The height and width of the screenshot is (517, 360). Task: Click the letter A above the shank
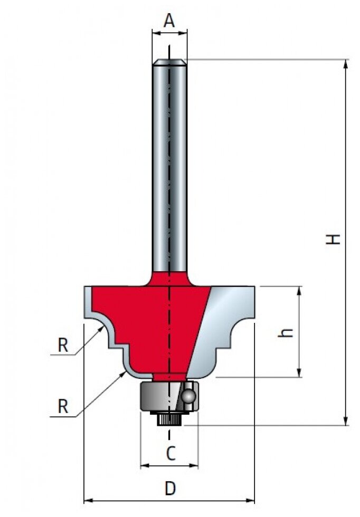pos(169,21)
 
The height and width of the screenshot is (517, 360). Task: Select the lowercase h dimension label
pos(286,333)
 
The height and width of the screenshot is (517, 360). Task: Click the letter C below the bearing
pos(170,454)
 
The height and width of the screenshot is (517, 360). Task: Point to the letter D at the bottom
pos(170,489)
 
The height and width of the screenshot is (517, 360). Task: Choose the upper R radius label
pos(63,345)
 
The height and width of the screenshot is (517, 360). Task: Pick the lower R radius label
pos(63,406)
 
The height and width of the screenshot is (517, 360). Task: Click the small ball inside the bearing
pos(188,396)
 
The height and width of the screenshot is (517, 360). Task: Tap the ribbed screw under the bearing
pos(169,420)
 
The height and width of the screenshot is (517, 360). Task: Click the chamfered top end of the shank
pos(169,62)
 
